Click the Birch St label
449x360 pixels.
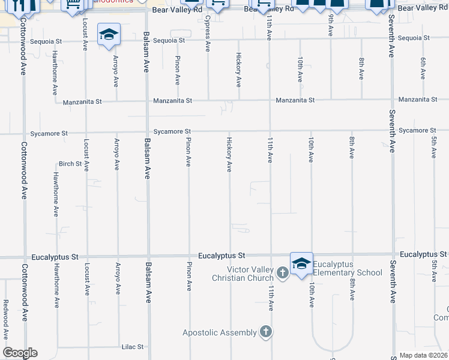(70, 163)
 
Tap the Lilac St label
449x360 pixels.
(132, 347)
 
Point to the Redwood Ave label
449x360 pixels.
(5, 326)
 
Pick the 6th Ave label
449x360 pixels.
(423, 68)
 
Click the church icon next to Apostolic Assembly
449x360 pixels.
(265, 332)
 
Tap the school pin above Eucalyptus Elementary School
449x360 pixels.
(301, 263)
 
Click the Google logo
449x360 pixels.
(20, 353)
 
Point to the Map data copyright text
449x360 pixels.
(424, 355)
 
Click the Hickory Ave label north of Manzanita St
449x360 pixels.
(239, 73)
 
